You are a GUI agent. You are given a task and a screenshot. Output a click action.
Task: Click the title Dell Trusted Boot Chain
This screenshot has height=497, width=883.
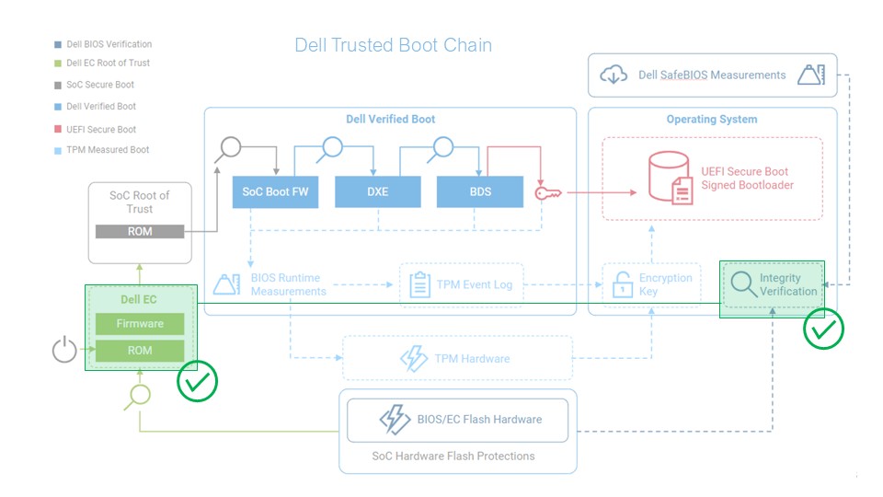[x=393, y=45]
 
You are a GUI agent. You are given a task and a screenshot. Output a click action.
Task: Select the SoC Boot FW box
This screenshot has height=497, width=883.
[x=275, y=191]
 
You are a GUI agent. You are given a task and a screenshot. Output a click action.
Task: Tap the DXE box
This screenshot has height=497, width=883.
[x=377, y=191]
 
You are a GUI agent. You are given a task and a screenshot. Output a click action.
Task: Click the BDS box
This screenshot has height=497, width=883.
[x=479, y=191]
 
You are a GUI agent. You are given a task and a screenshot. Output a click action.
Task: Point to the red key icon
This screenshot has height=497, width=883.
[x=549, y=192]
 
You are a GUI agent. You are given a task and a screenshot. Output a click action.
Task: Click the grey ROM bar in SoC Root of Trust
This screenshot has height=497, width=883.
[x=140, y=232]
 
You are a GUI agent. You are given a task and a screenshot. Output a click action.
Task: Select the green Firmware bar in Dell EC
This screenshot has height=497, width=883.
[x=140, y=324]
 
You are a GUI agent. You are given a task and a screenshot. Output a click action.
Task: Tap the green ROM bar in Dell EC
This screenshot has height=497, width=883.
[x=140, y=351]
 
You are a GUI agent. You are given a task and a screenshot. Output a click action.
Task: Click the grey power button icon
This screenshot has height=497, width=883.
[x=64, y=351]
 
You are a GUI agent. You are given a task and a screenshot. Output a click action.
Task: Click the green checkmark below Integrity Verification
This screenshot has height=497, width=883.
[x=823, y=329]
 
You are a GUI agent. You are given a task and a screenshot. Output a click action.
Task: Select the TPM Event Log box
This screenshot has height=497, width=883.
[x=461, y=284]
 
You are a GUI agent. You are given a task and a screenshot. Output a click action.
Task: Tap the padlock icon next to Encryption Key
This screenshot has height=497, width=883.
[x=623, y=284]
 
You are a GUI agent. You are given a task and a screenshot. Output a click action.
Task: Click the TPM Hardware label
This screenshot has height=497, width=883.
[x=472, y=358]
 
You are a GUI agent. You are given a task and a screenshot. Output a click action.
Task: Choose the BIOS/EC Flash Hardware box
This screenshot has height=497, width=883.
[x=457, y=420]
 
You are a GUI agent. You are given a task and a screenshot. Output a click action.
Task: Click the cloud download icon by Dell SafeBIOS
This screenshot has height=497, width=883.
[x=614, y=75]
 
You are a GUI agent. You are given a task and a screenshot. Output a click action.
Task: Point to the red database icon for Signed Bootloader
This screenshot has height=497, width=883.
[x=669, y=179]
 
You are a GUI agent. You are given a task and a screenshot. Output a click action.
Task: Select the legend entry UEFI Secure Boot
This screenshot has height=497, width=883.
[x=101, y=130]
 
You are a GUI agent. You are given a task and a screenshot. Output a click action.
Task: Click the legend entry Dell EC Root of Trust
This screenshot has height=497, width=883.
[x=108, y=64]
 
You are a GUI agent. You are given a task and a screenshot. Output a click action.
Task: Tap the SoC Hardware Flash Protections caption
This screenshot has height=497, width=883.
[x=453, y=456]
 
